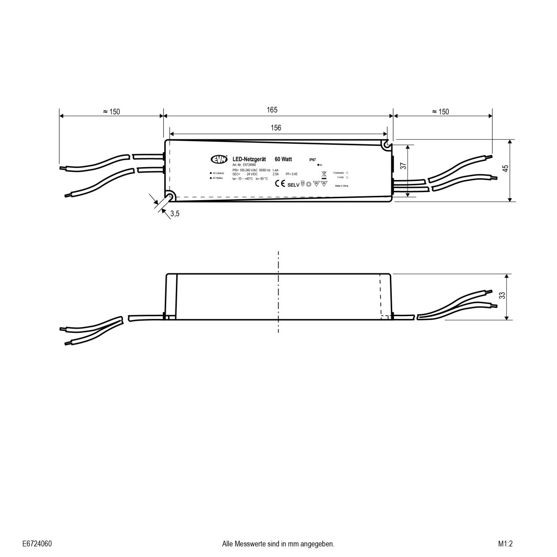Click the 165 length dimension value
click(x=272, y=110)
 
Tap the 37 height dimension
click(x=403, y=166)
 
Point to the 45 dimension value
click(x=505, y=168)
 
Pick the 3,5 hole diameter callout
click(x=175, y=214)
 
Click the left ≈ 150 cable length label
click(x=111, y=111)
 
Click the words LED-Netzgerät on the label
click(x=249, y=159)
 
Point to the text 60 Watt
click(x=283, y=159)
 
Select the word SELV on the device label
click(x=294, y=184)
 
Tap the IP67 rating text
click(x=312, y=159)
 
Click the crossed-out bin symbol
click(x=324, y=175)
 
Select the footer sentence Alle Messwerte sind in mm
click(x=278, y=544)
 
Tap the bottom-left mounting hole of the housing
click(x=170, y=197)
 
